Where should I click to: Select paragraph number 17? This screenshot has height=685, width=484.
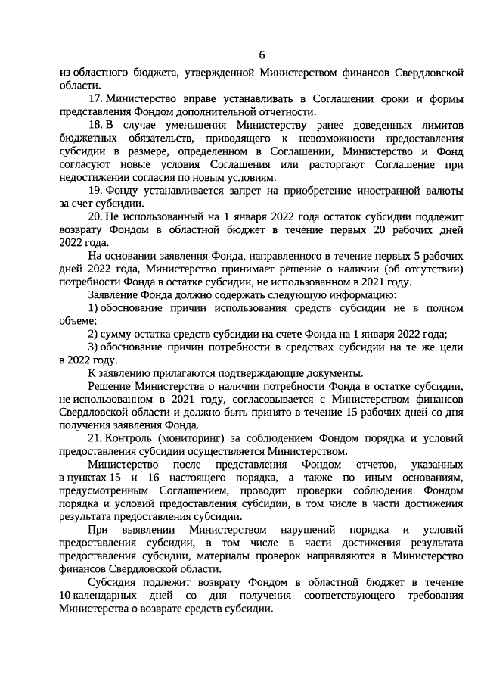[95, 99]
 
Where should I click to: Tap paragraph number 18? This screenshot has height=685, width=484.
[95, 125]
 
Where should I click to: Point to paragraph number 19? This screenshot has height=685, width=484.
[95, 190]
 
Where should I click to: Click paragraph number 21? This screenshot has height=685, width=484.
[95, 438]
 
